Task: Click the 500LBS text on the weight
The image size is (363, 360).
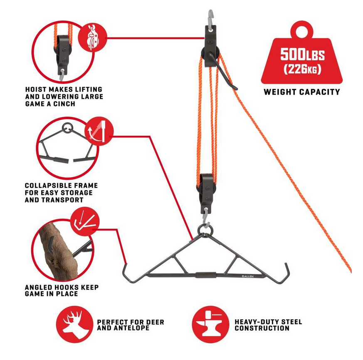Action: [x=302, y=54]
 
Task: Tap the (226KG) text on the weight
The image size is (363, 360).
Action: [x=302, y=69]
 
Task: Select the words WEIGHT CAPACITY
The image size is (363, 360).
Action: [x=301, y=92]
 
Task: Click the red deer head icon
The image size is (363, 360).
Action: [x=74, y=324]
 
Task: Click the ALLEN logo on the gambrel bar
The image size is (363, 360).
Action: [x=247, y=276]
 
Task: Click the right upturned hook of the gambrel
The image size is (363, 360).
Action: [x=285, y=271]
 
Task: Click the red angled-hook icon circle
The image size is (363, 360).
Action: [x=85, y=221]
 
